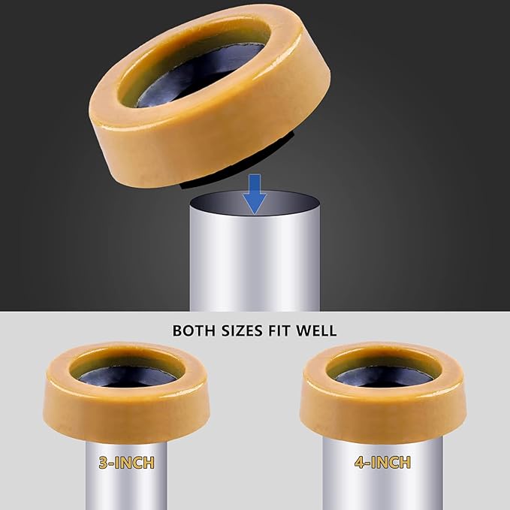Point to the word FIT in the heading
click(x=285, y=330)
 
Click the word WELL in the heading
click(x=319, y=330)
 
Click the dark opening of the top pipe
click(x=255, y=205)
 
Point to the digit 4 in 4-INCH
click(x=360, y=463)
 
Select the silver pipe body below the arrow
click(x=255, y=263)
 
